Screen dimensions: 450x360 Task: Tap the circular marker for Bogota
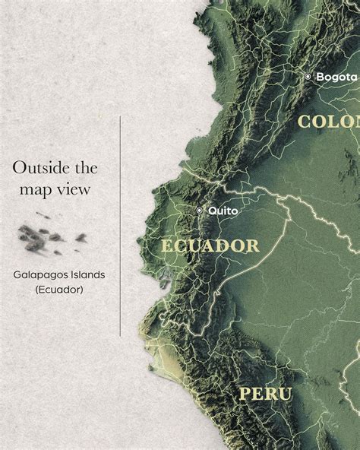click(x=308, y=77)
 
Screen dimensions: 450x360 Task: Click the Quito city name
click(x=224, y=209)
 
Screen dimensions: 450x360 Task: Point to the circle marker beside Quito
click(x=200, y=210)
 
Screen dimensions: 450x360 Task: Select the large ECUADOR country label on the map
click(x=210, y=246)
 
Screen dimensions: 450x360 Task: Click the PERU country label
click(x=265, y=393)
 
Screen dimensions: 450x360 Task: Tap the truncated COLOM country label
click(x=328, y=122)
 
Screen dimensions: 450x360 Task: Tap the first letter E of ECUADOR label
click(x=166, y=246)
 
